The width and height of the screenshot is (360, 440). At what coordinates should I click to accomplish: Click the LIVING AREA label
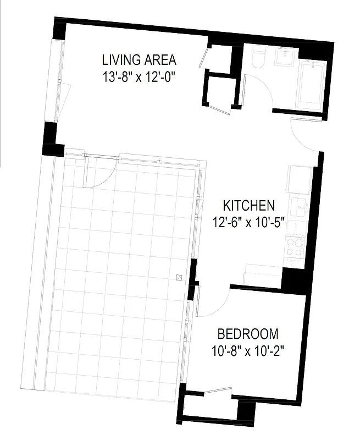pyautogui.click(x=139, y=60)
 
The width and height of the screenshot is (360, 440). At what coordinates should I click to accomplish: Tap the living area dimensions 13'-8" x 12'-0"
pyautogui.click(x=139, y=76)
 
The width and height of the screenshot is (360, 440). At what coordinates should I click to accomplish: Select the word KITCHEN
pyautogui.click(x=248, y=206)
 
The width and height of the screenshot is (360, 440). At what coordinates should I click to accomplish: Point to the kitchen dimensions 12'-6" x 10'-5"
pyautogui.click(x=248, y=222)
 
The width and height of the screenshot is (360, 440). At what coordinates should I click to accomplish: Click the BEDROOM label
pyautogui.click(x=248, y=334)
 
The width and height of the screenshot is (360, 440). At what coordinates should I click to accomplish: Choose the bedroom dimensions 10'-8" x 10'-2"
pyautogui.click(x=248, y=350)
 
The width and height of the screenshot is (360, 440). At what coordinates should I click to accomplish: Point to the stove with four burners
pyautogui.click(x=296, y=246)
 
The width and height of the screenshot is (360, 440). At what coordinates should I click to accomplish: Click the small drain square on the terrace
pyautogui.click(x=178, y=278)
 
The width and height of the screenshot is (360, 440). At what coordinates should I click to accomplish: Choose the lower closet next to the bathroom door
pyautogui.click(x=220, y=91)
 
